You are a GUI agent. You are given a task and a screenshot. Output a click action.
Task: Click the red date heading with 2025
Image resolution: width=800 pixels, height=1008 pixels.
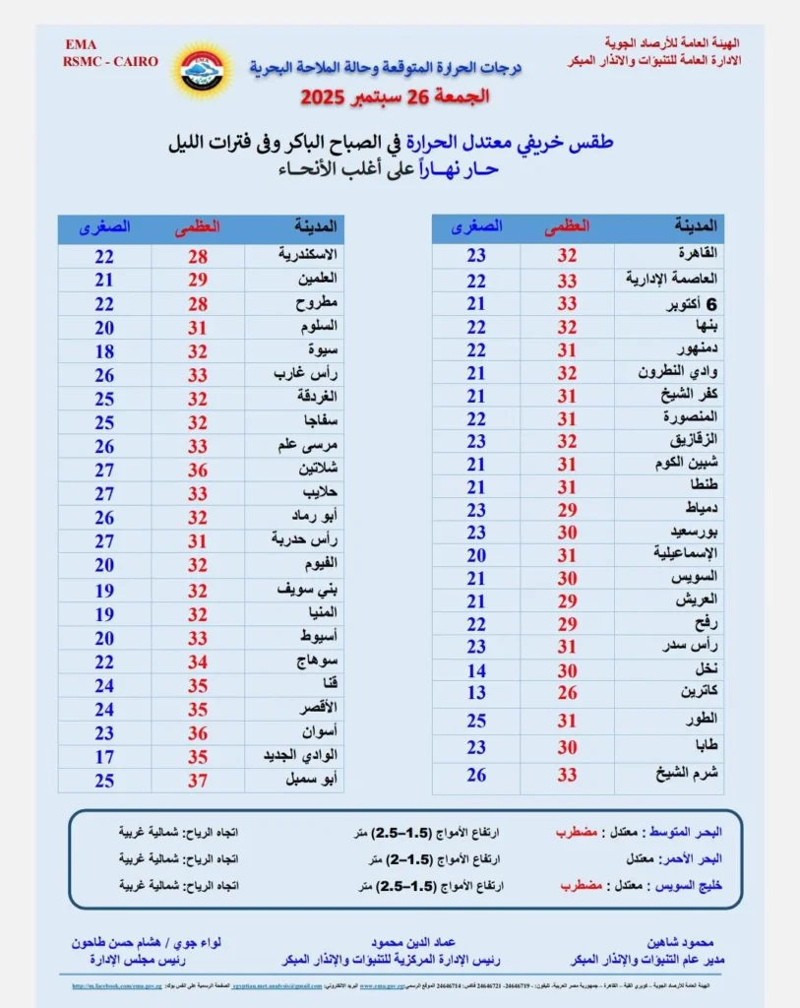coord(395,97)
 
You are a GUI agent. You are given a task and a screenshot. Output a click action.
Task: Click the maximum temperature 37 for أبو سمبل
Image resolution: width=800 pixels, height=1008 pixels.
coord(197,781)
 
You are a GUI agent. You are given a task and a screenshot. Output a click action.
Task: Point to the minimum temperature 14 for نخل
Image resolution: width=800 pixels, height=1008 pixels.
coord(476,670)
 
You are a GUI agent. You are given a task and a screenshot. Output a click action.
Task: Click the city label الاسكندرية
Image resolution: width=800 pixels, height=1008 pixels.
coord(305,256)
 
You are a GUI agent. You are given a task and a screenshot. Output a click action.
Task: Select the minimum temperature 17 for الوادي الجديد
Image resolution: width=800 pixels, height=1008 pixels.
coord(104,757)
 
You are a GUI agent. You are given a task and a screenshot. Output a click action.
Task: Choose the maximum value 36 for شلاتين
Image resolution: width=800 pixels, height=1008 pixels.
coord(197,470)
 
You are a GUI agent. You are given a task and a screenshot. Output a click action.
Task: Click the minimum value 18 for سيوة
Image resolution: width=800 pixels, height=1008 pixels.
coord(104,350)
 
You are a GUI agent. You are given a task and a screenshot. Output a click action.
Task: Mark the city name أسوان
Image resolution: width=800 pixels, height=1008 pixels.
coord(321,732)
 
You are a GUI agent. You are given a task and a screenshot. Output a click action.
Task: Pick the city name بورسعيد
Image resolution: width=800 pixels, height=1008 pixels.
coord(695,531)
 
